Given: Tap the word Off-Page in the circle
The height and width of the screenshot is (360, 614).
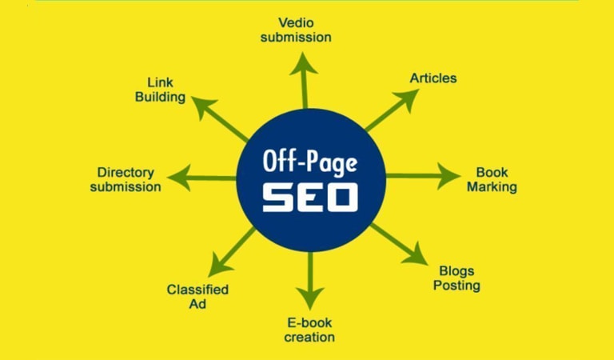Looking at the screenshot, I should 310,162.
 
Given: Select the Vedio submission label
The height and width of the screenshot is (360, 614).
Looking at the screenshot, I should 305,29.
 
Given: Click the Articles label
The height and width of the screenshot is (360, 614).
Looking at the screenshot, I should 433,78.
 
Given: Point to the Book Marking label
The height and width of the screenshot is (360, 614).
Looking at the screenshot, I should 492,179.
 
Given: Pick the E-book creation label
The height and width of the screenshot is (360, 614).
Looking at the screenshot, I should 310,330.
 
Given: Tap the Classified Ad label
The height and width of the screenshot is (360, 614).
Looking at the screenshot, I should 197,296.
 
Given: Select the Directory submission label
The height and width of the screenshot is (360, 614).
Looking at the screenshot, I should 126,179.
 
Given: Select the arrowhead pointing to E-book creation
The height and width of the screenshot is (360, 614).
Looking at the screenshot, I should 309,290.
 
